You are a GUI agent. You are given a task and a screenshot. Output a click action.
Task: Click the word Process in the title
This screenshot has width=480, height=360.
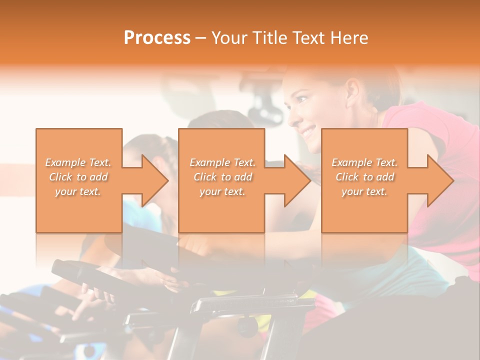(157, 37)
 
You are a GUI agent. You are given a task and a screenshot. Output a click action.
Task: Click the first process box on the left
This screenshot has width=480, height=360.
(79, 210)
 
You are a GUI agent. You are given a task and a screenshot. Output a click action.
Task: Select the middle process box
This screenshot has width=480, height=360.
(221, 210)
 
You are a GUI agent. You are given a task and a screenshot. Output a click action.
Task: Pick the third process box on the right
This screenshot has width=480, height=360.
(364, 210)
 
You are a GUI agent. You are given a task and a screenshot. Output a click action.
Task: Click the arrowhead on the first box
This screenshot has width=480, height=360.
(155, 180)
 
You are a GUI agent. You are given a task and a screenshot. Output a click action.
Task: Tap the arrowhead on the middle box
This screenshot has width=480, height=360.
(297, 180)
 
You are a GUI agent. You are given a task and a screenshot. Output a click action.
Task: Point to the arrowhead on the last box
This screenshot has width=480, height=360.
(440, 180)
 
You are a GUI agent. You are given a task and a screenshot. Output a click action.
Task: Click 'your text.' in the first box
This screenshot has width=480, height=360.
(78, 191)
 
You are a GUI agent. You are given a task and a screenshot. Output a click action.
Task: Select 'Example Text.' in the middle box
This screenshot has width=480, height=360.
(222, 162)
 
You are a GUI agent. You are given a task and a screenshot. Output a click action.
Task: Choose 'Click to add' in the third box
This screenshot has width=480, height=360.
(364, 177)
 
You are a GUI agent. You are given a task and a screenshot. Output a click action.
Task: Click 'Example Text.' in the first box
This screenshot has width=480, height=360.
(78, 162)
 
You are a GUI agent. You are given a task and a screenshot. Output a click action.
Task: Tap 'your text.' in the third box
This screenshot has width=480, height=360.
(364, 191)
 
